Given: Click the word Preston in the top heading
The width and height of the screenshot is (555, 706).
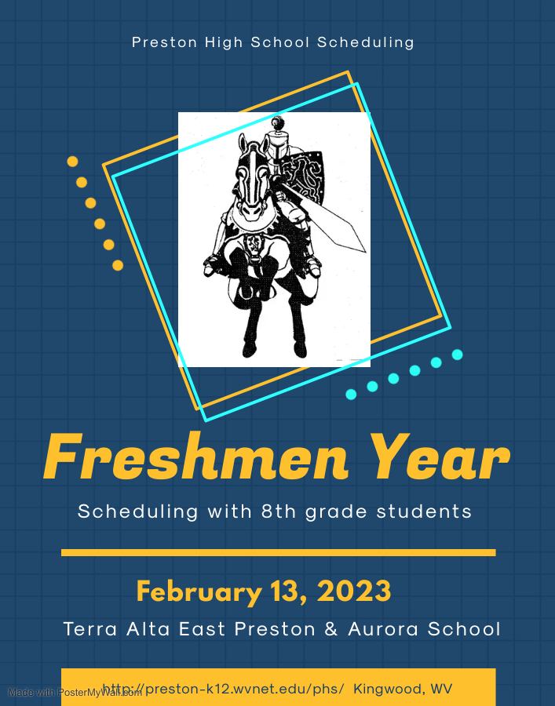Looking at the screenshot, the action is (x=164, y=42).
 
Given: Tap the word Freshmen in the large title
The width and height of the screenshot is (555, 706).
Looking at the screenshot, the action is (x=196, y=457).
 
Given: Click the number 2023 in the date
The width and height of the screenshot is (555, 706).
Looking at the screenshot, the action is (x=354, y=591).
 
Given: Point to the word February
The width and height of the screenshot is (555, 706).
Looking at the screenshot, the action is (x=199, y=592).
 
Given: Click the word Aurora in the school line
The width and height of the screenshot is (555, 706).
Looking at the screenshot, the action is (x=383, y=629).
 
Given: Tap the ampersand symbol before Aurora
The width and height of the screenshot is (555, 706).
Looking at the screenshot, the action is (x=331, y=629).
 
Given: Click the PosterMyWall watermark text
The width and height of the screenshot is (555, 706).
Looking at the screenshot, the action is (x=75, y=693).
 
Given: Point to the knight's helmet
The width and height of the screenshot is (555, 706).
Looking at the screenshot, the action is (x=276, y=140).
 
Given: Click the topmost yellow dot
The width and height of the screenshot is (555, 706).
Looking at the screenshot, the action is (x=72, y=161).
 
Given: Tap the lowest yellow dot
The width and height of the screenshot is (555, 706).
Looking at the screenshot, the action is (x=118, y=265).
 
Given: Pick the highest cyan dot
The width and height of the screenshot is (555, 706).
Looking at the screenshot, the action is (x=457, y=355).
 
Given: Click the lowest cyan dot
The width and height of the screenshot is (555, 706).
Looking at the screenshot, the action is (x=351, y=395).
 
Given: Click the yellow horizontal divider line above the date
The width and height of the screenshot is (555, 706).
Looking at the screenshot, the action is (x=279, y=552).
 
